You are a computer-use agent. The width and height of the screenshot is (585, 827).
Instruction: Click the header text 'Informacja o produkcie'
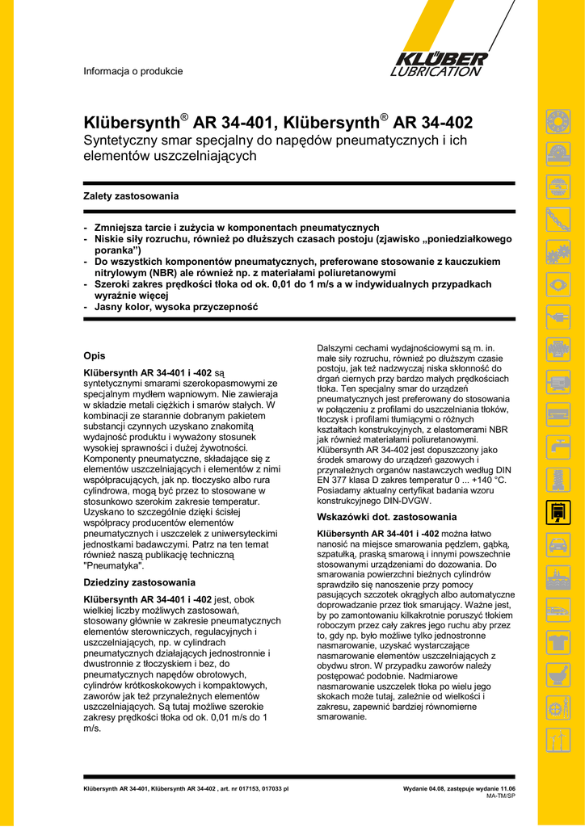click(133, 71)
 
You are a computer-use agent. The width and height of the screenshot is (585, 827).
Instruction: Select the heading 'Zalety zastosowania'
click(131, 196)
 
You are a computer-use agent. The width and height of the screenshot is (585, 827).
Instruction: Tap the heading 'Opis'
click(95, 355)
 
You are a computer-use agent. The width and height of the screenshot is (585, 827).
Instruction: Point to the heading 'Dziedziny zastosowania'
click(140, 582)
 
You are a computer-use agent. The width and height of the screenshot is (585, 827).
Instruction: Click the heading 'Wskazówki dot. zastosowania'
click(386, 517)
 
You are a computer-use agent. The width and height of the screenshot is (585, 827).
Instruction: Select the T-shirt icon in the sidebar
click(557, 643)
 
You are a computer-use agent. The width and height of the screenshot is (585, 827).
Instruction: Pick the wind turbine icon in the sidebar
click(557, 738)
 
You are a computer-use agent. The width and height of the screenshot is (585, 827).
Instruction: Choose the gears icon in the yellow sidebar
click(557, 253)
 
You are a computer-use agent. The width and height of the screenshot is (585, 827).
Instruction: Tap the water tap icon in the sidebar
click(557, 443)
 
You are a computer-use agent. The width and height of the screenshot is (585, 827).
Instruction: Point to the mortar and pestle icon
click(557, 675)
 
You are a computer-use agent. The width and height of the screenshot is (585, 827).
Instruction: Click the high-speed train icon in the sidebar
click(557, 610)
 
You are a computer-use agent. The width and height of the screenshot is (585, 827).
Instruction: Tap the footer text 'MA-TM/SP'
click(501, 796)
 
